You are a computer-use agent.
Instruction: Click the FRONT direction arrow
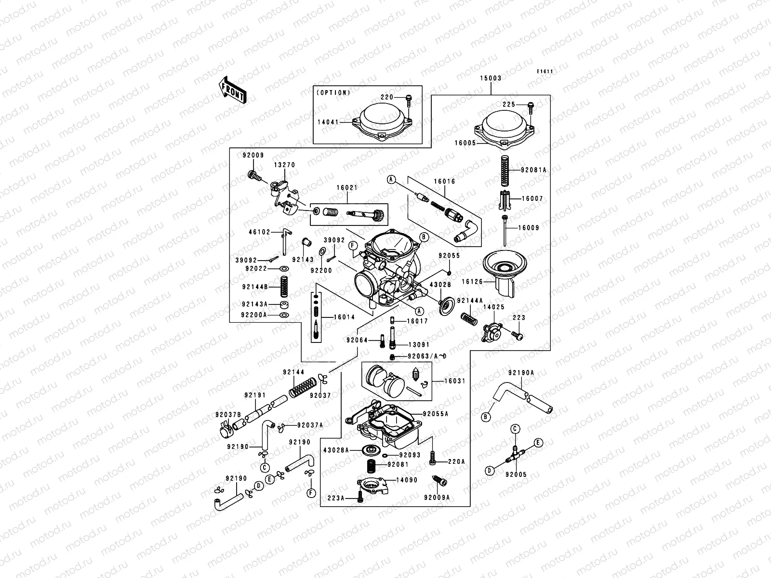pos(232,90)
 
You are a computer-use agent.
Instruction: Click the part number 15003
pos(491,78)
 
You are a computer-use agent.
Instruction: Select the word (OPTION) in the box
pos(333,92)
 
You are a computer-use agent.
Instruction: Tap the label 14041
pos(328,122)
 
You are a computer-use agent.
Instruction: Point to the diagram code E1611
pos(545,71)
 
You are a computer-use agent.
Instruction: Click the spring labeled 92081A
pos(505,171)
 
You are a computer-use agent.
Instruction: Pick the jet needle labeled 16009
pos(505,231)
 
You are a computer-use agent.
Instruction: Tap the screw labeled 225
pos(531,108)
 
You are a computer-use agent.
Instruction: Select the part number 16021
pos(347,188)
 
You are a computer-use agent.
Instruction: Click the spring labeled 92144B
pos(284,286)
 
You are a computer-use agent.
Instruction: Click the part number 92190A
pos(521,373)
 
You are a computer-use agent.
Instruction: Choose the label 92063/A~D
pos(427,356)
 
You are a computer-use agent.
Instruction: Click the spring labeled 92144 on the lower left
pos(303,387)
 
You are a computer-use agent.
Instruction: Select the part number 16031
pos(454,381)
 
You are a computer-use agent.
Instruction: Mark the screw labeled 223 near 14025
pos(517,336)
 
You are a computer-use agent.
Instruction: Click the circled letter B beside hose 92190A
pos(486,417)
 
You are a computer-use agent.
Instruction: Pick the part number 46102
pos(260,232)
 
